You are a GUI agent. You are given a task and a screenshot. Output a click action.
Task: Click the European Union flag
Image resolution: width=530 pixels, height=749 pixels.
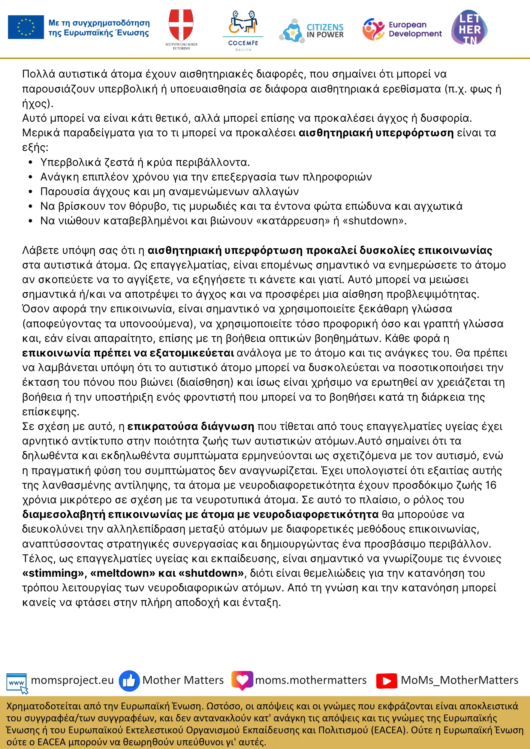pyautogui.click(x=26, y=27)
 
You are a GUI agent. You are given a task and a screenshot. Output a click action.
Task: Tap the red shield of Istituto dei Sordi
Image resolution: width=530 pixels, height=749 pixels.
pyautogui.click(x=181, y=25)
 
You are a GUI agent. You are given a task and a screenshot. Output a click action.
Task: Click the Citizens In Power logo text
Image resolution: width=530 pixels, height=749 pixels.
pyautogui.click(x=325, y=31)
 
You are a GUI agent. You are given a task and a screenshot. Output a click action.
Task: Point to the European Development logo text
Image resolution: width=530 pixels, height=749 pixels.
pyautogui.click(x=415, y=29)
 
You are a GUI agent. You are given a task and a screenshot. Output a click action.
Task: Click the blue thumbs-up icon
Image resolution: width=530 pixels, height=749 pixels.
pyautogui.click(x=129, y=680)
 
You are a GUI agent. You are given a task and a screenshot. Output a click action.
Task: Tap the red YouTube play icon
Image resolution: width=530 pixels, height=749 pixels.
pyautogui.click(x=386, y=680)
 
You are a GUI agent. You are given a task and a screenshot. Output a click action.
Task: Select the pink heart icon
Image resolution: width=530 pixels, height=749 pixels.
pyautogui.click(x=242, y=680)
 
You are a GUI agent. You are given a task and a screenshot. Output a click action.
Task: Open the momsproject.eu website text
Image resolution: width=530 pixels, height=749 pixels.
pyautogui.click(x=72, y=680)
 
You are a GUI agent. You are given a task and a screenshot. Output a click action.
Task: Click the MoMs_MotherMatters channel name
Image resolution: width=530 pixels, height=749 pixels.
pyautogui.click(x=460, y=680)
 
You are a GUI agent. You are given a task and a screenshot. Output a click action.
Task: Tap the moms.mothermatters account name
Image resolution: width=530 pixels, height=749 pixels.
pyautogui.click(x=311, y=680)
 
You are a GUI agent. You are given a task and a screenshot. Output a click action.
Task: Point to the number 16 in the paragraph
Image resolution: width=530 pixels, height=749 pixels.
pyautogui.click(x=491, y=485)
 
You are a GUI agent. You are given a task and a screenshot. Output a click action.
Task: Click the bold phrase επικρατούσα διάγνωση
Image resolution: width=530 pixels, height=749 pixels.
pyautogui.click(x=191, y=427)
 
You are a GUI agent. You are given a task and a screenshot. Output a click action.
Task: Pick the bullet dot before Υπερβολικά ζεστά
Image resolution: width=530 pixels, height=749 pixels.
pyautogui.click(x=31, y=163)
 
